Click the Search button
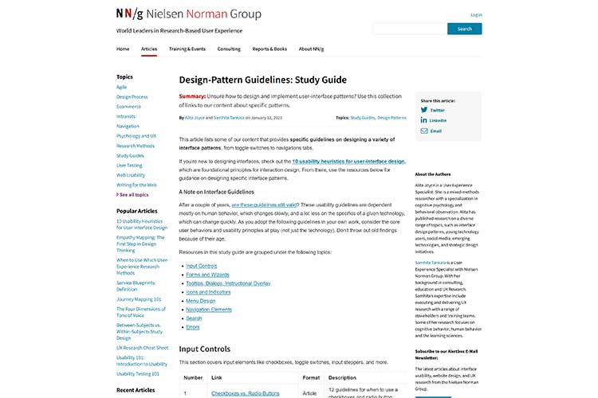tap(464, 29)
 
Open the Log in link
tap(476, 14)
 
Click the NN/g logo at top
tap(130, 14)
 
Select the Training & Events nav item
tap(187, 49)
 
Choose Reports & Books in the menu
tap(269, 49)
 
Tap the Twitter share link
tap(437, 110)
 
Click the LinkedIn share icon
tap(424, 120)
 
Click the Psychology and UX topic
tap(136, 135)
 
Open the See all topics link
tap(134, 194)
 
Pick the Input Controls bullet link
tap(201, 265)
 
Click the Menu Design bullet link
tap(200, 301)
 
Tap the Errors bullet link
tap(192, 327)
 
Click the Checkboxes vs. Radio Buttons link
tap(245, 393)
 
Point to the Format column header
tap(311, 377)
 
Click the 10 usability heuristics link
tap(348, 161)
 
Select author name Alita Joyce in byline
tap(195, 117)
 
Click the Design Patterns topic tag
tap(391, 117)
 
